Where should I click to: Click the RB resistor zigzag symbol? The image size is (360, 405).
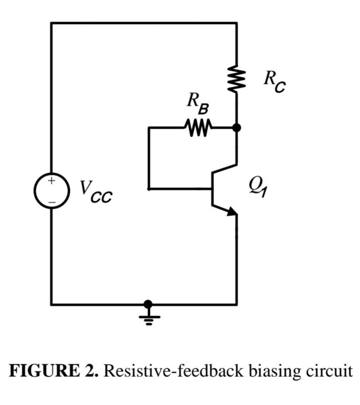point(199,128)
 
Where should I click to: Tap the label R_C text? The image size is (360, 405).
point(274,81)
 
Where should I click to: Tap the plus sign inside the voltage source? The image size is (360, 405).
point(51,181)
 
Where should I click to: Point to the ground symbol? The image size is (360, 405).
point(148,318)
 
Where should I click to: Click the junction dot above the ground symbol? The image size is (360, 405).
point(148,304)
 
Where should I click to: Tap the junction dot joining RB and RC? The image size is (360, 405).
point(236,128)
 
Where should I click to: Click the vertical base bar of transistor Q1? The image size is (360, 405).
point(213,189)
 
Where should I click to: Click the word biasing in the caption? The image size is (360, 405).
point(265,371)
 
